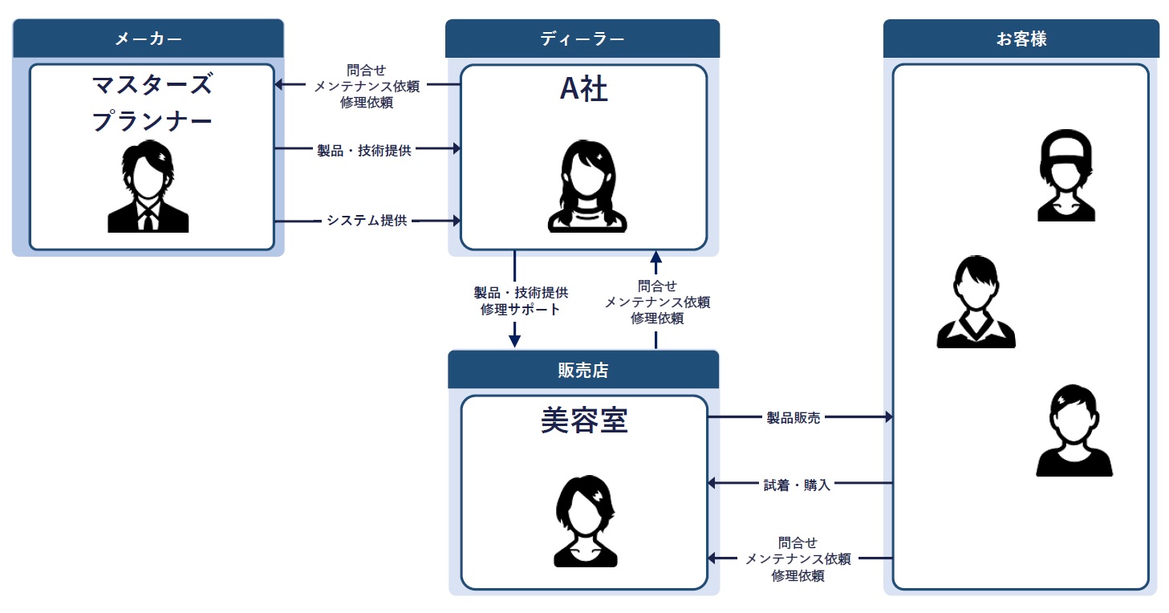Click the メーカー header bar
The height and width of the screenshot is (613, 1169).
pos(148,39)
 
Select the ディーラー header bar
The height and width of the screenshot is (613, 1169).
pos(582,39)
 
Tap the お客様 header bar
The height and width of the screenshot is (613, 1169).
pos(1021,39)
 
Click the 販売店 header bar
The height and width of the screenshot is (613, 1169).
pos(582,370)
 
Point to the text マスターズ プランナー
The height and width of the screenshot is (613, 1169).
pos(152,102)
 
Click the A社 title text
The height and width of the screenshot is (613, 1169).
pos(583,90)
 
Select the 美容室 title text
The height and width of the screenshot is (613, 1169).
pos(583,420)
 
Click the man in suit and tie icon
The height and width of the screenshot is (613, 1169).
pos(148,189)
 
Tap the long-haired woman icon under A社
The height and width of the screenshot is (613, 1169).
pos(587,187)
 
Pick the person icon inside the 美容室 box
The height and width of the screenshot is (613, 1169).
pos(584,521)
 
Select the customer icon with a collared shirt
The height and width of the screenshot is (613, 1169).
pos(976,302)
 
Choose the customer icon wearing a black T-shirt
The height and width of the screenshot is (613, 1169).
pos(1074,431)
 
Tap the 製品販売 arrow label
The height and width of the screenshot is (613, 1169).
pos(793,417)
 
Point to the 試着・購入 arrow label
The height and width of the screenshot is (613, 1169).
pos(796,484)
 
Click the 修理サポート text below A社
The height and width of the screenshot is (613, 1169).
pos(520,310)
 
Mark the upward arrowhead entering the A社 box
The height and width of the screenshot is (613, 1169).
pos(656,258)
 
